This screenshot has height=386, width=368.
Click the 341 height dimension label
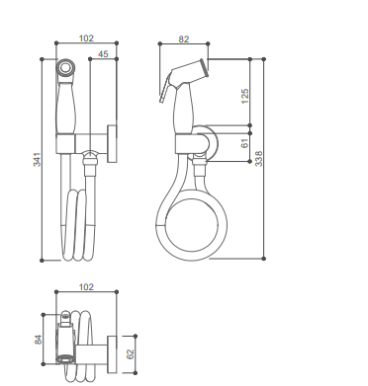38,159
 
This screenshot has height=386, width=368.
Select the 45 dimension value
103,54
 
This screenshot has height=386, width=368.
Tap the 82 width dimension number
184,39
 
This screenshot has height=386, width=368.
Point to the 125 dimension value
245,96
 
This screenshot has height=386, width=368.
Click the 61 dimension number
244,143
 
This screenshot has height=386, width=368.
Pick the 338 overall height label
259,158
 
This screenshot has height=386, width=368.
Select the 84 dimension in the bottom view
39,340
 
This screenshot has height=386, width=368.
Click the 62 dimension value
131,354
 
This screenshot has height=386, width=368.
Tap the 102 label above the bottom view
86,287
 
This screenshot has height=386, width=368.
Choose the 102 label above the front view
86,39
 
